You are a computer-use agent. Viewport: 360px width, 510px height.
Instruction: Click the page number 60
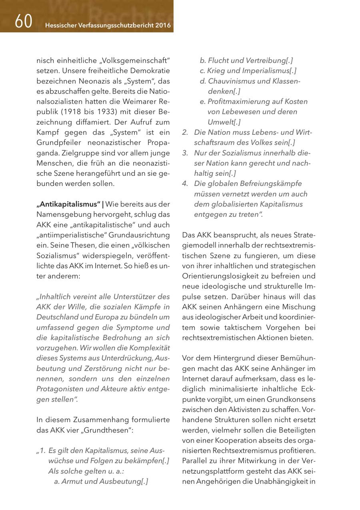pos(24,22)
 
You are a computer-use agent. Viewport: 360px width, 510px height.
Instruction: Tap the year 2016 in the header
pos(162,26)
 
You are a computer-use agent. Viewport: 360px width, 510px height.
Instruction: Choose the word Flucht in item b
pos(218,61)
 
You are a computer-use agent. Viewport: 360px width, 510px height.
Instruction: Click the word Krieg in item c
pos(216,71)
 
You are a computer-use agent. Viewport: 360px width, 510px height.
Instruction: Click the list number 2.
pos(185,132)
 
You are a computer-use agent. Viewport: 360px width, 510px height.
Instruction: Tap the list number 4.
pos(185,183)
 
